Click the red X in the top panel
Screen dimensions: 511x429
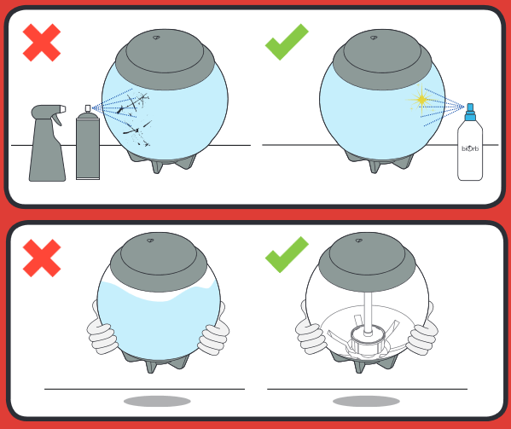pos(42,43)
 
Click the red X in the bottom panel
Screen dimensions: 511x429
pos(42,258)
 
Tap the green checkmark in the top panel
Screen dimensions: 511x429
pos(287,42)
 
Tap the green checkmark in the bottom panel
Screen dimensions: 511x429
pos(287,255)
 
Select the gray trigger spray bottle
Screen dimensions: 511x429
pos(48,142)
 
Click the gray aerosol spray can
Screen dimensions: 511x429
pos(88,146)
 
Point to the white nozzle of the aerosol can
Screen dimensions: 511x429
pos(88,108)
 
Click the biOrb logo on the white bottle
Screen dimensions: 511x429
pos(470,148)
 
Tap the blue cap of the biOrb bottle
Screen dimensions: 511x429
pos(470,112)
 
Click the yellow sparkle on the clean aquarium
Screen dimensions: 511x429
pos(421,99)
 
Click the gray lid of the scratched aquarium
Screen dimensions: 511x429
pos(165,60)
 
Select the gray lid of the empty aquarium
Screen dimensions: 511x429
pos(367,262)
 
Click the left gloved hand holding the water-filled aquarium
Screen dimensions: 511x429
pos(102,333)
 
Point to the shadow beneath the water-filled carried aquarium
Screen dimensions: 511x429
pos(157,401)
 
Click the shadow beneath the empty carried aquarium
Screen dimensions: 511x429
pos(366,401)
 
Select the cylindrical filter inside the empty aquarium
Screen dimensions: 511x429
pos(368,340)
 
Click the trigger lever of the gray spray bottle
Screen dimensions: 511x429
pos(57,119)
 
